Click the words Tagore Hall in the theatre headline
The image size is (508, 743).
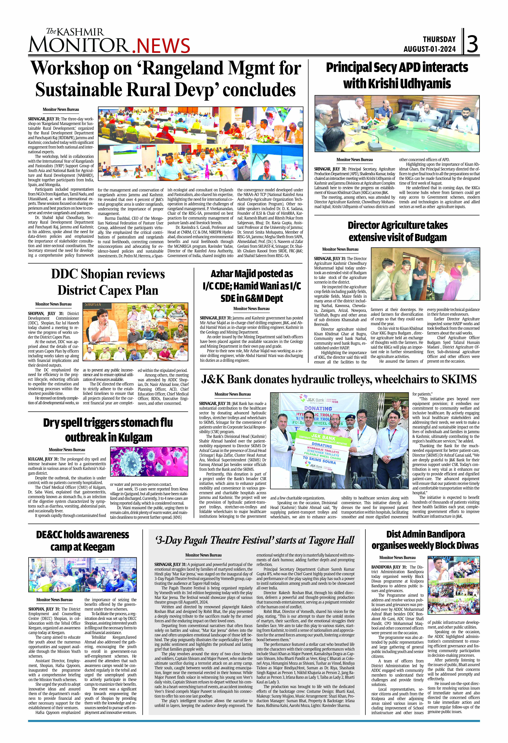coord(331,540)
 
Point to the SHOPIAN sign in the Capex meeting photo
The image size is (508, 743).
coord(92,305)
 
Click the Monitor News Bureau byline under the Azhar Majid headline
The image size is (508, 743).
coord(251,308)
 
